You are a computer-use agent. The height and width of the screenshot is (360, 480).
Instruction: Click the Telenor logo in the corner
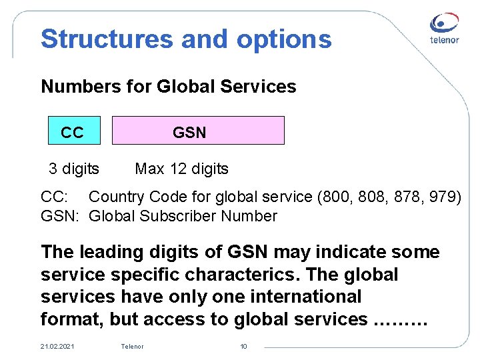(443, 31)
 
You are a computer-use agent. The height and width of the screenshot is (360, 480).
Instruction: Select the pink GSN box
(198, 131)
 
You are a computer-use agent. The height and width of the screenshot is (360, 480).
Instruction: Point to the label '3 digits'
(74, 169)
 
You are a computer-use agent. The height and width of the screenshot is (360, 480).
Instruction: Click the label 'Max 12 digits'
(181, 169)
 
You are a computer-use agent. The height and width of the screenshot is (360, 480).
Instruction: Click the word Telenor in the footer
(132, 346)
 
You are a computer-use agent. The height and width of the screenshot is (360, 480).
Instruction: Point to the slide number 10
(243, 346)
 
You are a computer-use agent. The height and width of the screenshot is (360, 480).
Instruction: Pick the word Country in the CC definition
(117, 197)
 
